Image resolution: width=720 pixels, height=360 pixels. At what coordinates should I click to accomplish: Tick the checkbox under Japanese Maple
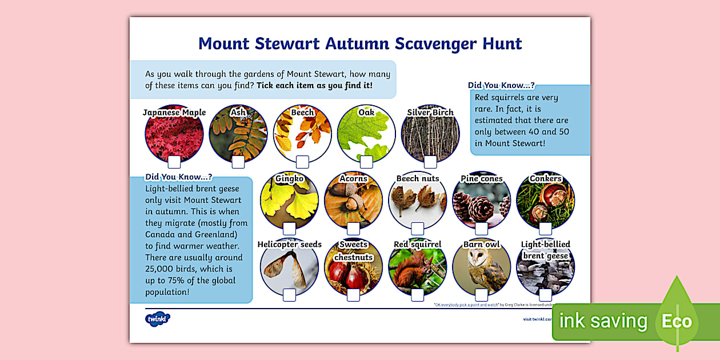[x=174, y=162]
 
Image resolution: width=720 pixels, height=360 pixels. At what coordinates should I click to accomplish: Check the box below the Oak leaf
[x=366, y=162]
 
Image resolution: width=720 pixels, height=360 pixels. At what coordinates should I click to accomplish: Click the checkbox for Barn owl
[x=481, y=295]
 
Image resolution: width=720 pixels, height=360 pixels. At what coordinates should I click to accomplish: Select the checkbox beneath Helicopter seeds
[x=289, y=295]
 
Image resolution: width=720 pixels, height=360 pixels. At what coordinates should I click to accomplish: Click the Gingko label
[x=289, y=179]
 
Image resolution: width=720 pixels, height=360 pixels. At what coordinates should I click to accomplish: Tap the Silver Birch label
[x=430, y=113]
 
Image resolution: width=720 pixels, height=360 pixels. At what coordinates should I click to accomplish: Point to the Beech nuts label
[x=418, y=179]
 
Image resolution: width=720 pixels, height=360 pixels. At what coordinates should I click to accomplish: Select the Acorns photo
[x=353, y=203]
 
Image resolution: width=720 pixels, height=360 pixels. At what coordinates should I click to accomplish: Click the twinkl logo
[x=157, y=319]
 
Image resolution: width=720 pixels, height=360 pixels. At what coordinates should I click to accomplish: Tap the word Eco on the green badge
[x=677, y=321]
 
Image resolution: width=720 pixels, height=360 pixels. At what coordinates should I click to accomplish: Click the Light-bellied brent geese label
[x=545, y=250]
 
